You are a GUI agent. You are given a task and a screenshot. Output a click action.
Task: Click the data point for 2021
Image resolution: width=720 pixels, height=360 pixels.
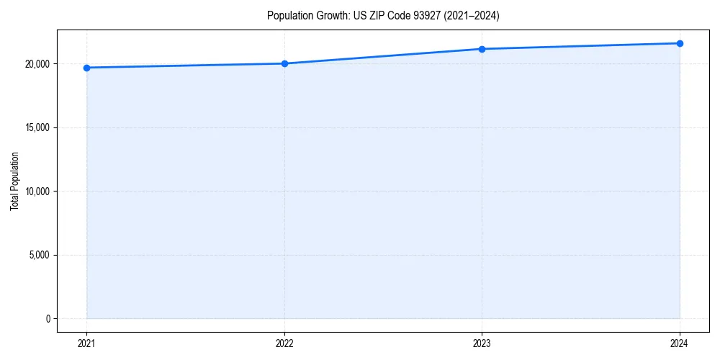pos(86,68)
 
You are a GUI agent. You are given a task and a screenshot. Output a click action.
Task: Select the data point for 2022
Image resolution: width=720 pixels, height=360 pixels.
pos(284,63)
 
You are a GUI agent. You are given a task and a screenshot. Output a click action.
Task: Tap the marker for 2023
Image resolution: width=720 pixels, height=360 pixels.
pos(482,49)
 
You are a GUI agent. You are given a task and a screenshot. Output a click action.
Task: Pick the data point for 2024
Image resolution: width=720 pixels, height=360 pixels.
pos(680,43)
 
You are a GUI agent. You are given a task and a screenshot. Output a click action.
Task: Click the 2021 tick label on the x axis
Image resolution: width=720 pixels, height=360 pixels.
pos(86,343)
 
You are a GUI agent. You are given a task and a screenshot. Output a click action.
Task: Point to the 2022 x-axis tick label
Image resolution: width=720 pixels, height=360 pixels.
pos(284,343)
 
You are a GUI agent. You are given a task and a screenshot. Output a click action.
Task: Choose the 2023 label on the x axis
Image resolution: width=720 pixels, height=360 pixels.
pos(482,343)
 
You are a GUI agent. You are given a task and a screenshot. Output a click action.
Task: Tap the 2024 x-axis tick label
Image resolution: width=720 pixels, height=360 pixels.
pos(680,343)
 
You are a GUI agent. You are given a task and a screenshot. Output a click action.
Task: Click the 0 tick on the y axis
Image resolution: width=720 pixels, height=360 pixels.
pos(48,318)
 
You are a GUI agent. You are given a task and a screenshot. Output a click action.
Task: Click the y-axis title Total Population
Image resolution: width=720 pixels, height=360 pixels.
pos(14,181)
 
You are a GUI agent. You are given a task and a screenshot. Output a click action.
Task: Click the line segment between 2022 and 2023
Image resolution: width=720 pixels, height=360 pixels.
pos(383,56)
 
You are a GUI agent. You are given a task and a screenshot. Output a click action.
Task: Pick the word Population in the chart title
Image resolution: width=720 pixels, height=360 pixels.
pos(291,16)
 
